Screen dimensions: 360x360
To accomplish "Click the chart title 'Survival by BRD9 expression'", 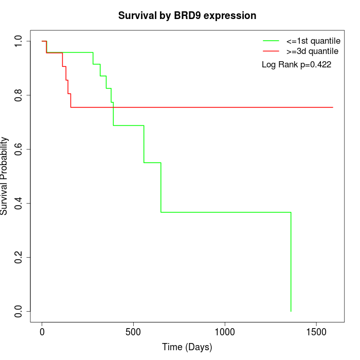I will tap(187, 15).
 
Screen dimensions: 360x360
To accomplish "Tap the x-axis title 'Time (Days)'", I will tap(187, 347).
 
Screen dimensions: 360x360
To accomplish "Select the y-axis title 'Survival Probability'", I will tap(5, 176).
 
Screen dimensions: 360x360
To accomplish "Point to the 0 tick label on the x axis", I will tap(42, 332).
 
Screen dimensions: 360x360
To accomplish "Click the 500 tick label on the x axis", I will tap(133, 332).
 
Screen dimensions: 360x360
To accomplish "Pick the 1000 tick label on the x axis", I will tap(225, 332).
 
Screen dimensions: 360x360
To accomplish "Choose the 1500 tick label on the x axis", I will tap(316, 332).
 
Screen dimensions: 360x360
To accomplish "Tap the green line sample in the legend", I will tap(271, 41).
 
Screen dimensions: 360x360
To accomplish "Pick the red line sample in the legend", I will tap(271, 51).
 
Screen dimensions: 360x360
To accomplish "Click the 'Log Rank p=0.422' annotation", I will tap(296, 65).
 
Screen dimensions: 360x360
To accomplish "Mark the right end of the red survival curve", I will tap(333, 107).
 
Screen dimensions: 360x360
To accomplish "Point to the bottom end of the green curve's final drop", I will tap(291, 311).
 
